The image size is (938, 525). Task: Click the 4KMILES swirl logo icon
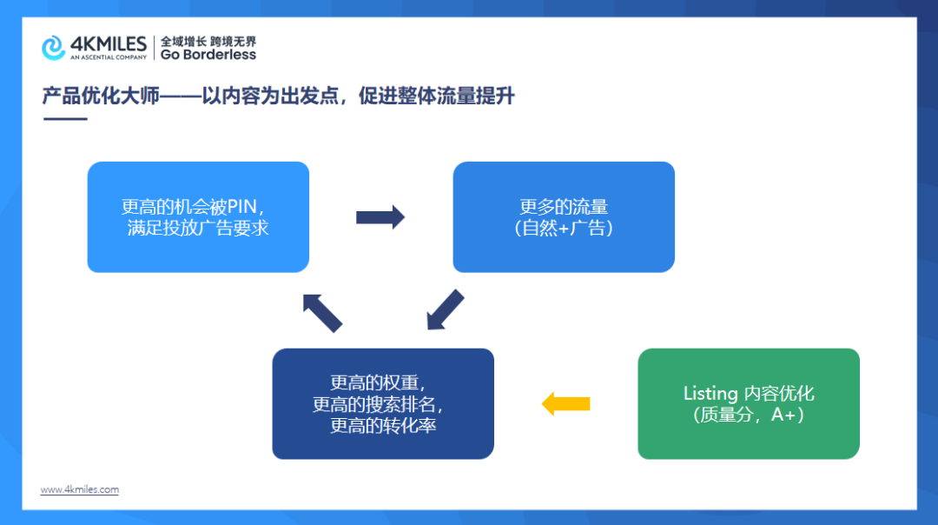point(54,48)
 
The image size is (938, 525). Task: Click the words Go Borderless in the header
point(208,55)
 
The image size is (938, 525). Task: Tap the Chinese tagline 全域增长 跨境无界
point(208,41)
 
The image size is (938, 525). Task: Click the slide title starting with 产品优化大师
point(278,96)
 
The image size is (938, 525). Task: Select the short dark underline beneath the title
point(65,118)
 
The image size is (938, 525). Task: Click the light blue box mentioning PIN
point(198,217)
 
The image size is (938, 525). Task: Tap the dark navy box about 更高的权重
point(383,403)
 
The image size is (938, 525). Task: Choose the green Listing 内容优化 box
point(748,403)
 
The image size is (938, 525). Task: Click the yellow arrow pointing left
point(565,403)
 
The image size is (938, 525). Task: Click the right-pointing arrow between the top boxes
point(380,217)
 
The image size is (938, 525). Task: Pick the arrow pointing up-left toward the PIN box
point(321,312)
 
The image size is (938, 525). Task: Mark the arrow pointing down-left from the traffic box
point(445,310)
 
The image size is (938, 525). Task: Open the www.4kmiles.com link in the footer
point(80,490)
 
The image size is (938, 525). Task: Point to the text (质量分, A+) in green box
point(749,415)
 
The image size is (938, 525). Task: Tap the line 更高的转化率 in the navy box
point(383,426)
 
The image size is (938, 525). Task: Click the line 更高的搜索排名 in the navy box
point(383,404)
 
